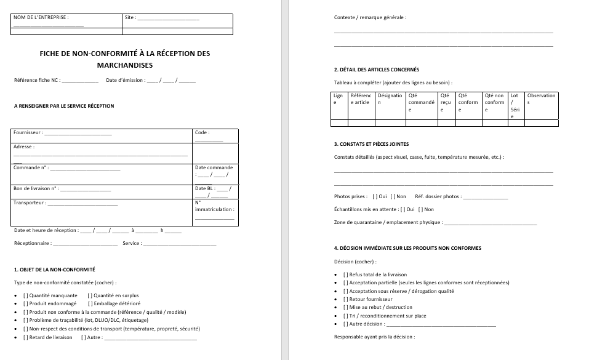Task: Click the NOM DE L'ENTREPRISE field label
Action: tap(41, 18)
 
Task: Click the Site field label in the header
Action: tap(130, 18)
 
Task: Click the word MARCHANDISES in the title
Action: tap(125, 65)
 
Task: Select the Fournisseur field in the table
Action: tap(78, 133)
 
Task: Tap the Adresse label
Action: tap(24, 147)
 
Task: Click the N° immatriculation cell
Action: tap(214, 206)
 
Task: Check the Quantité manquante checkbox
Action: tap(26, 295)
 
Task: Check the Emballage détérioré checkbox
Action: tap(90, 303)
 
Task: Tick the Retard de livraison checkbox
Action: tap(26, 337)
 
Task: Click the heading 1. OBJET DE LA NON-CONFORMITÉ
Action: tap(54, 270)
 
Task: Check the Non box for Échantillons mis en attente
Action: tap(421, 209)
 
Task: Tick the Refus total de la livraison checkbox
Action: tap(346, 274)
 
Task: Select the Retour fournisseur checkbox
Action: tap(346, 299)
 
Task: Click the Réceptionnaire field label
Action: tap(32, 243)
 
